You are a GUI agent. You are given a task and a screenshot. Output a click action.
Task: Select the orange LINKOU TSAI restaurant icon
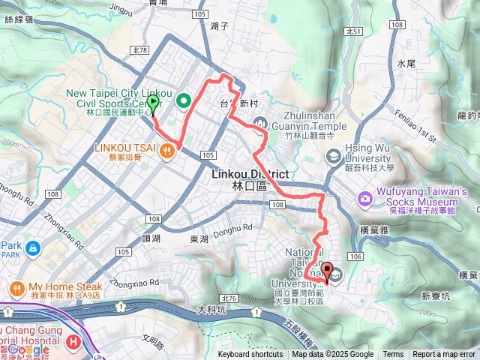(166, 150)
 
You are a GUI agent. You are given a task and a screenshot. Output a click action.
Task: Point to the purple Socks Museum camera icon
(365, 199)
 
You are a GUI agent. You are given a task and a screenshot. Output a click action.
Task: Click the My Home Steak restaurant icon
(16, 288)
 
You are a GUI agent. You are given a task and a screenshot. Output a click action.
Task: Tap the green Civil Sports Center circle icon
(182, 100)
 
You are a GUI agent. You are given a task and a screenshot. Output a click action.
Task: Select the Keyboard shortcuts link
(250, 355)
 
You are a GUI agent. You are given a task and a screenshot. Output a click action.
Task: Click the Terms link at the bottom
(393, 355)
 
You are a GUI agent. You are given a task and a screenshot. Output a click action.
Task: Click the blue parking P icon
(31, 247)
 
